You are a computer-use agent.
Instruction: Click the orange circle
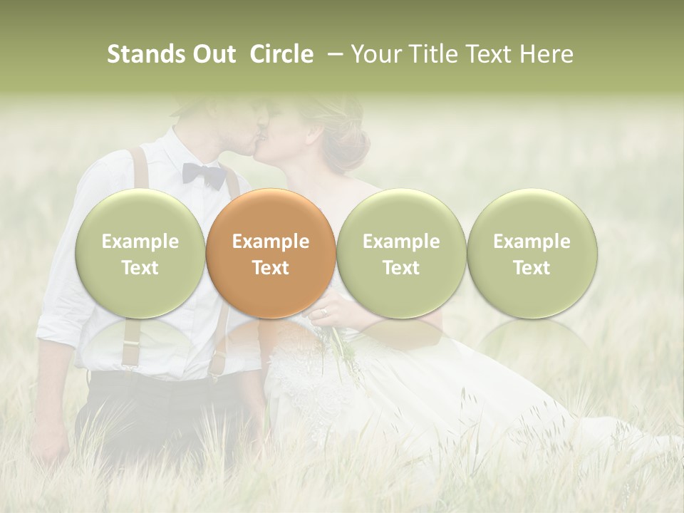pos(271,254)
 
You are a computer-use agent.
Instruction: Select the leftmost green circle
pos(140,254)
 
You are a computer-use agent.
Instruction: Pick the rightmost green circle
pos(532,254)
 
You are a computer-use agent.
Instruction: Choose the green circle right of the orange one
pos(401,254)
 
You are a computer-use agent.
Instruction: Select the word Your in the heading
pos(376,54)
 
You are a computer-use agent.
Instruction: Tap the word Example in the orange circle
pos(271,242)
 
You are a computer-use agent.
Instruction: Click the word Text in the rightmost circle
pos(532,268)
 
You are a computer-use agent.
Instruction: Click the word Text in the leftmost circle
pos(140,268)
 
